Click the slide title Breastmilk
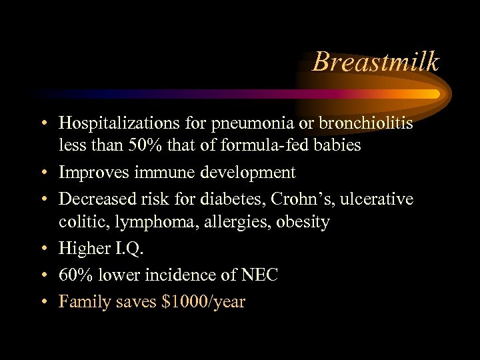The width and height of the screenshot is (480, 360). [376, 62]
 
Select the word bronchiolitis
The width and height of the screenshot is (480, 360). [366, 124]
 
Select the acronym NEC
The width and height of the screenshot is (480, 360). [259, 275]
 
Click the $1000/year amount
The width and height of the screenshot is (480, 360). [203, 302]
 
